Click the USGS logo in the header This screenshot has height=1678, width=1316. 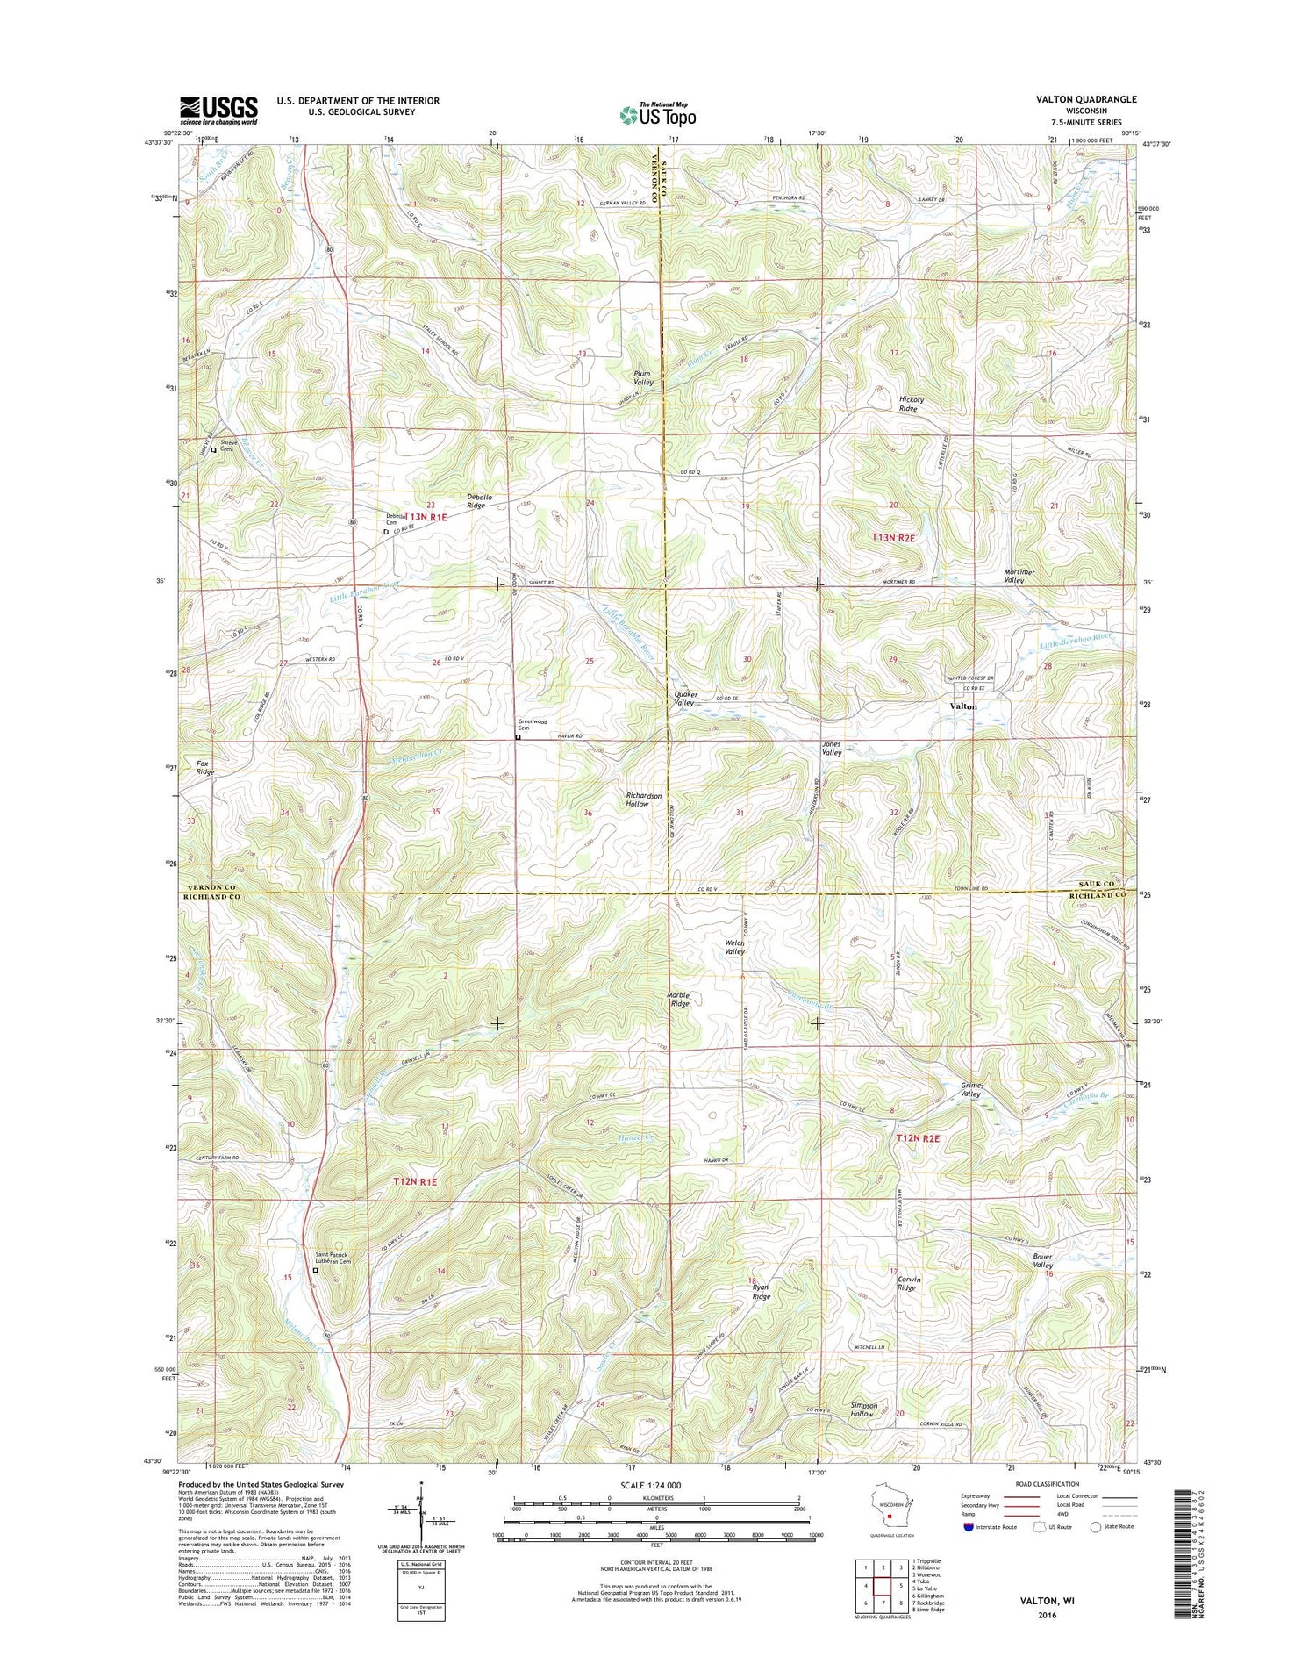[x=218, y=110]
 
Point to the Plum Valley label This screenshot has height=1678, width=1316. [x=643, y=378]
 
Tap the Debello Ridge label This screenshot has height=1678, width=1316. [x=480, y=501]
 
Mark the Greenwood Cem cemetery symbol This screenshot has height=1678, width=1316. [x=518, y=737]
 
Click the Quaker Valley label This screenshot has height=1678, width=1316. [x=684, y=699]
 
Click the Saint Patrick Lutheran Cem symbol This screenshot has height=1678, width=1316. [x=316, y=1270]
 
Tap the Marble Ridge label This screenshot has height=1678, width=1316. [x=678, y=1000]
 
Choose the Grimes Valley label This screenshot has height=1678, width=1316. [x=970, y=1089]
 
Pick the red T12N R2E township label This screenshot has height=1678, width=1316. [x=918, y=1138]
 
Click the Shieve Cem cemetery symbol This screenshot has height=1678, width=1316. [x=213, y=450]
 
